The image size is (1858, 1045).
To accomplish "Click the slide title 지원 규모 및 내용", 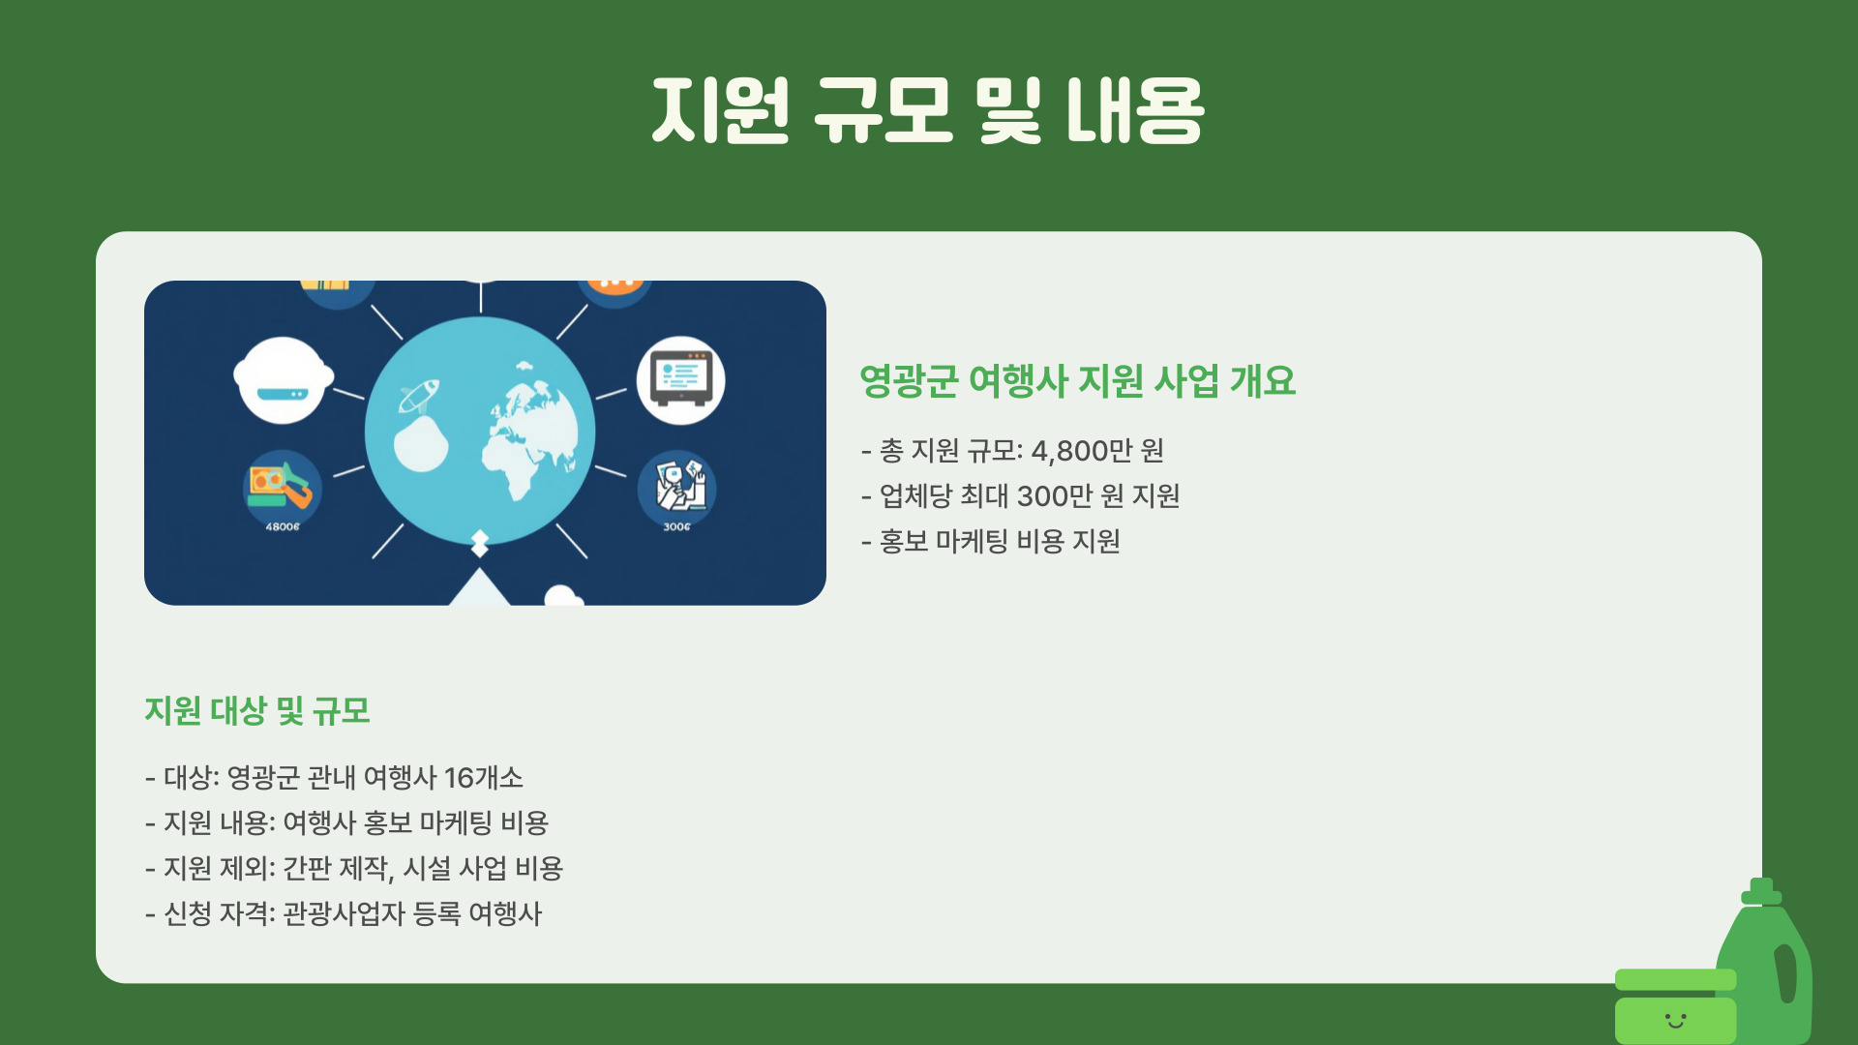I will coord(927,110).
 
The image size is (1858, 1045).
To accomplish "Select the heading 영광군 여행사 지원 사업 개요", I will coord(1077,381).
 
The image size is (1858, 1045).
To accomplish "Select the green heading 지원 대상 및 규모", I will coord(257,711).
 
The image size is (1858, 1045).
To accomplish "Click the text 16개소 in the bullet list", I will coord(483,778).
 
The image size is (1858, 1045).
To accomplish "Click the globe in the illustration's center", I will coord(481,431).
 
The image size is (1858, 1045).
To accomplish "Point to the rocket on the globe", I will coord(420,395).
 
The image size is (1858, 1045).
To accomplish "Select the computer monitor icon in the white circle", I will coord(681,378).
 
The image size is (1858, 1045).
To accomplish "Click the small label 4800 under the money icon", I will coord(283,526).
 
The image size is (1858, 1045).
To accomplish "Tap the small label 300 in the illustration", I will coord(676,526).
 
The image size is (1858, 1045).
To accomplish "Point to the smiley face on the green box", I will coord(1675,1020).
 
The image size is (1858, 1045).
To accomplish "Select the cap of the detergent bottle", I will coord(1761,891).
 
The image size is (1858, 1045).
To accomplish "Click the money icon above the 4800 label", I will coord(282,484).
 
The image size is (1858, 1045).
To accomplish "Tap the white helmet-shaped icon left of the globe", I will coord(283,379).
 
